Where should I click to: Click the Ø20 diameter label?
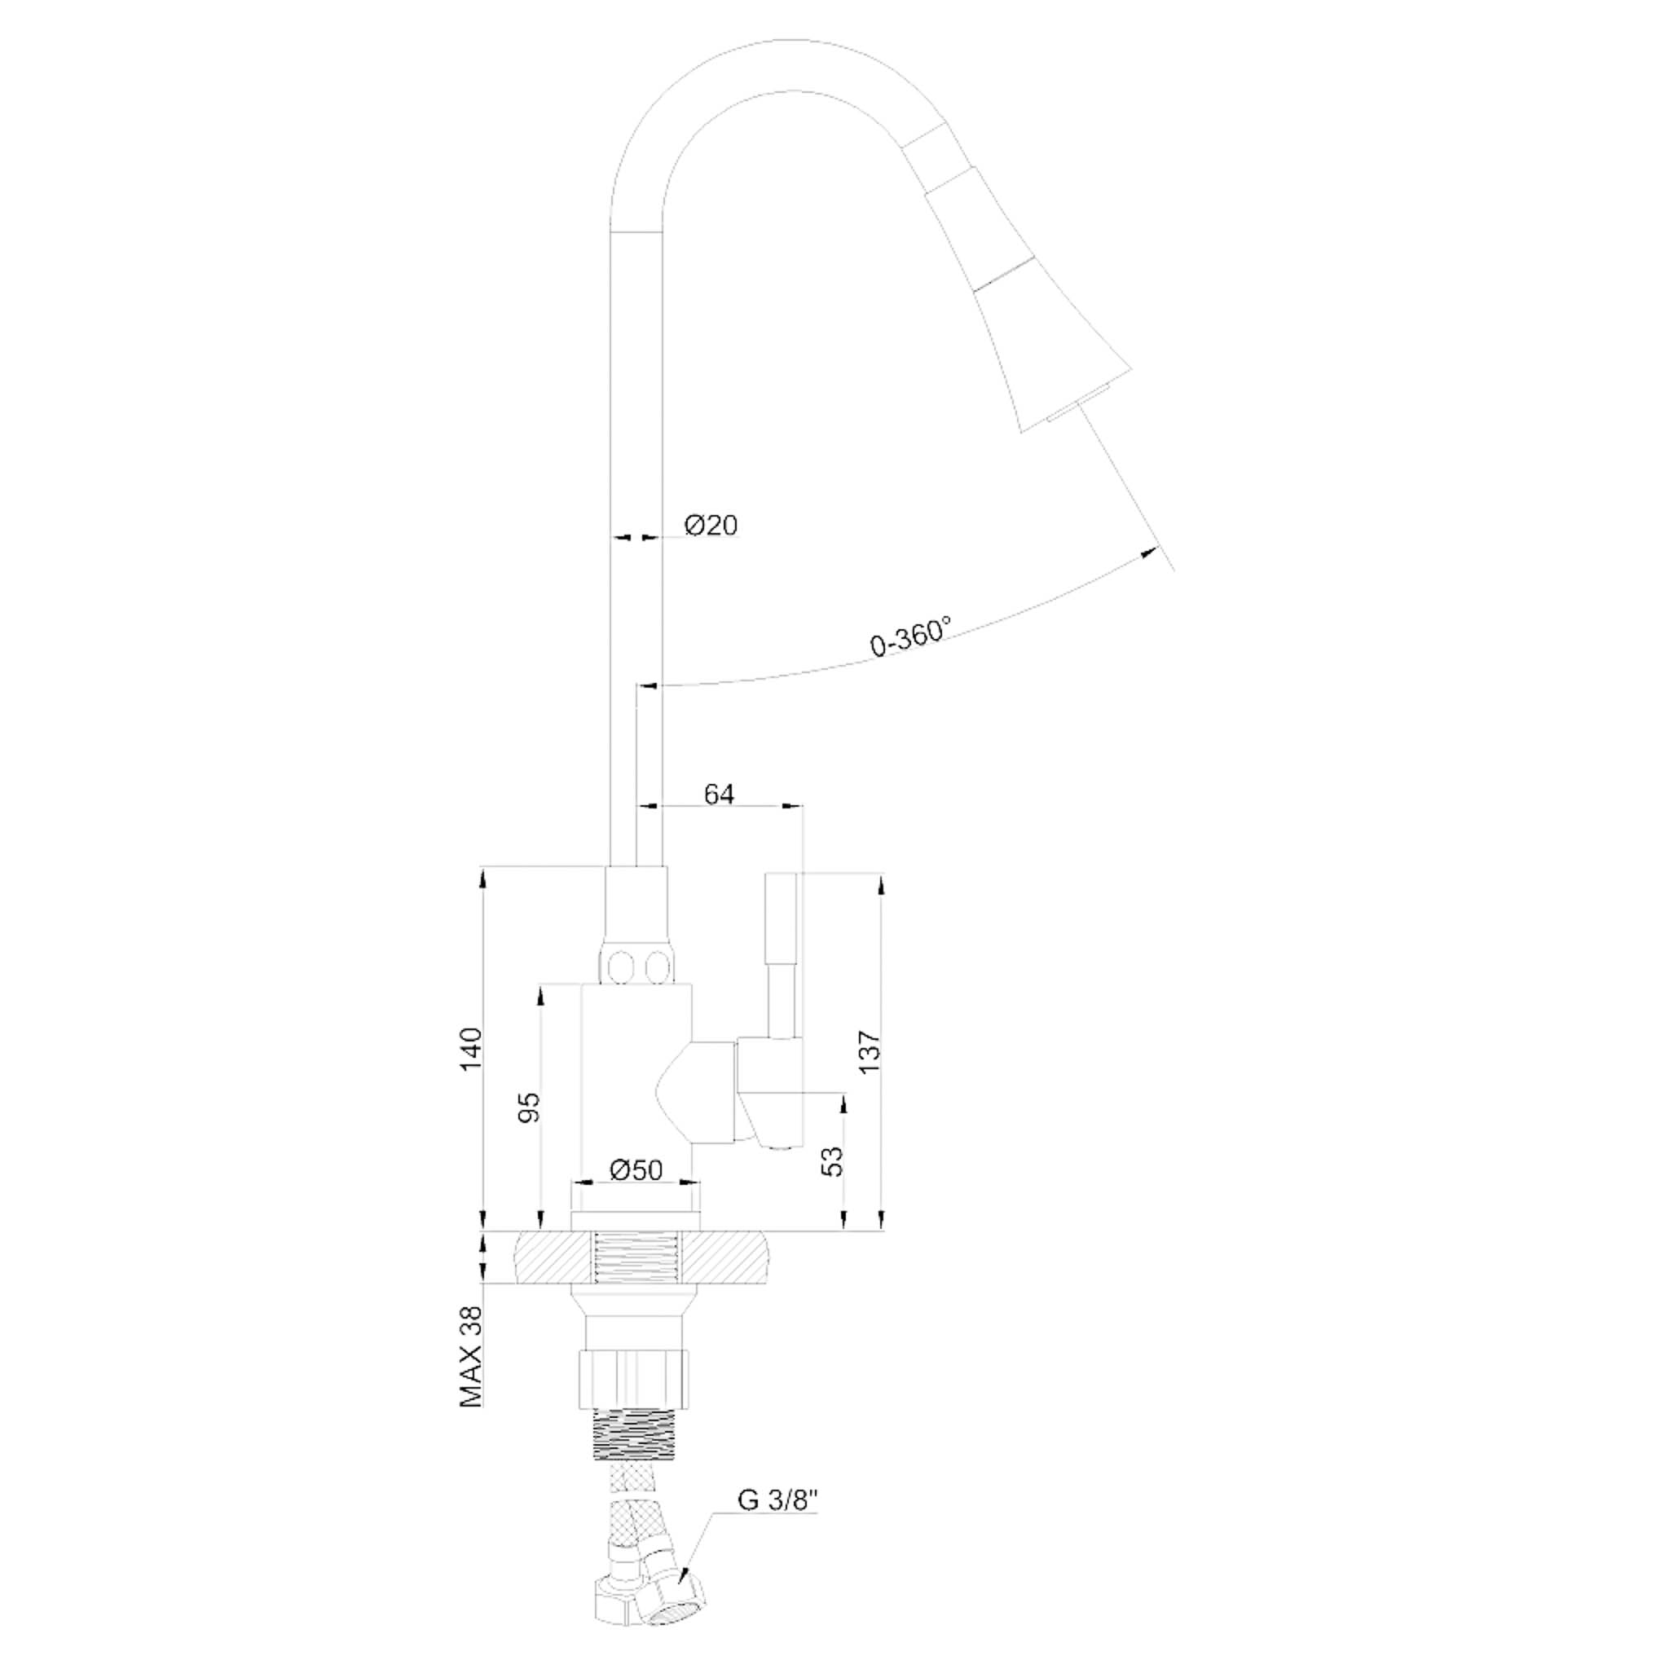pyautogui.click(x=711, y=526)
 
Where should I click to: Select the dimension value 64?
pyautogui.click(x=719, y=794)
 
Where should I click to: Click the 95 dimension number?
pyautogui.click(x=529, y=1107)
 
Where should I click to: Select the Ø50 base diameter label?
pyautogui.click(x=635, y=1170)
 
